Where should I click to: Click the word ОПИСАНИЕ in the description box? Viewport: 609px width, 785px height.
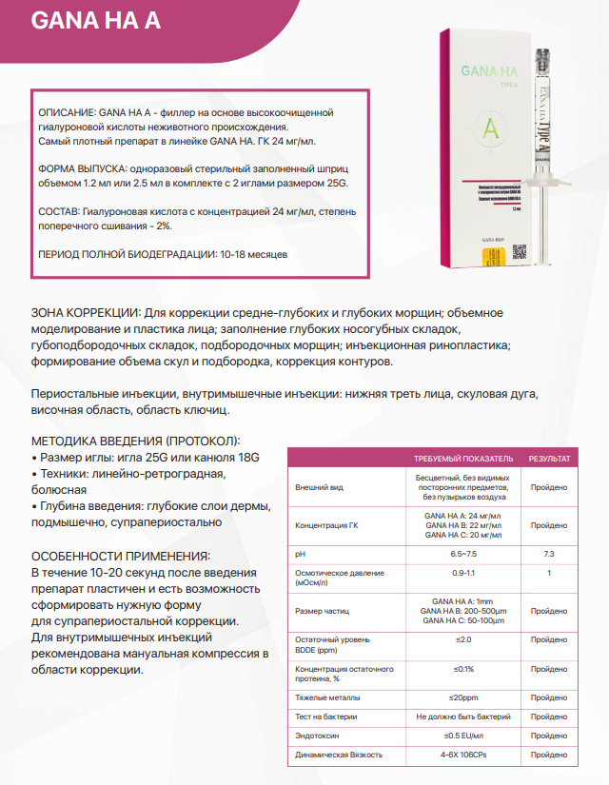[64, 112]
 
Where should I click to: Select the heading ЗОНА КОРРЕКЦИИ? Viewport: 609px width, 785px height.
[86, 313]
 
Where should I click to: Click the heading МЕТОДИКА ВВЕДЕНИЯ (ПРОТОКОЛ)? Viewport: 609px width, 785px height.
[136, 442]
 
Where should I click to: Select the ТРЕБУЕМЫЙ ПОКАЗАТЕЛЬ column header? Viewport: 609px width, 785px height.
[463, 458]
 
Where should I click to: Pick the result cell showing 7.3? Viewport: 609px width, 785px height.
[549, 554]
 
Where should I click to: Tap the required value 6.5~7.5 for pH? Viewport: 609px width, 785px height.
[463, 554]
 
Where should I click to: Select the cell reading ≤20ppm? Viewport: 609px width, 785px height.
[463, 697]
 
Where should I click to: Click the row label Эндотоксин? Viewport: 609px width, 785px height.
[320, 736]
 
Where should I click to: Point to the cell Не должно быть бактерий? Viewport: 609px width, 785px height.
[463, 716]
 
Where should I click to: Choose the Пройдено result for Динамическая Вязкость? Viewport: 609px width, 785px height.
[549, 755]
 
